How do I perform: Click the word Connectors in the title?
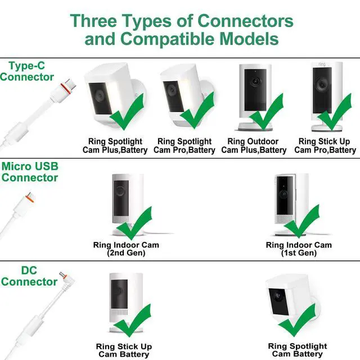(x=245, y=21)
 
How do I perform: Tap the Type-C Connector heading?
(x=27, y=71)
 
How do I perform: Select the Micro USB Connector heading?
(x=30, y=172)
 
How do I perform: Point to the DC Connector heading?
(x=29, y=276)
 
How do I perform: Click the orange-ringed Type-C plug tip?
(x=68, y=85)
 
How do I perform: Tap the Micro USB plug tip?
(x=30, y=197)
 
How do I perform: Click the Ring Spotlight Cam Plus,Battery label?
(x=115, y=146)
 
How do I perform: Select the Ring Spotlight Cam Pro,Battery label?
(x=184, y=146)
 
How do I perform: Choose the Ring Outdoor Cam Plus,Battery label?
(x=254, y=146)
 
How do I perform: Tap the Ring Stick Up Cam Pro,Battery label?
(x=325, y=146)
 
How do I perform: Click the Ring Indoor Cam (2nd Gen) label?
(x=126, y=249)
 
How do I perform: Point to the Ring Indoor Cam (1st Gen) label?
(x=299, y=249)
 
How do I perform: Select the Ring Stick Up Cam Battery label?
(x=124, y=350)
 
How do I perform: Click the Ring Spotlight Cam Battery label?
(x=298, y=350)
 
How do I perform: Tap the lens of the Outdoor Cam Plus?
(x=255, y=81)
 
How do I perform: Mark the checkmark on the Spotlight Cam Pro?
(x=197, y=110)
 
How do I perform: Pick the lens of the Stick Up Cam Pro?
(x=322, y=85)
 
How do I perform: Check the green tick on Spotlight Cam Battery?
(x=296, y=320)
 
